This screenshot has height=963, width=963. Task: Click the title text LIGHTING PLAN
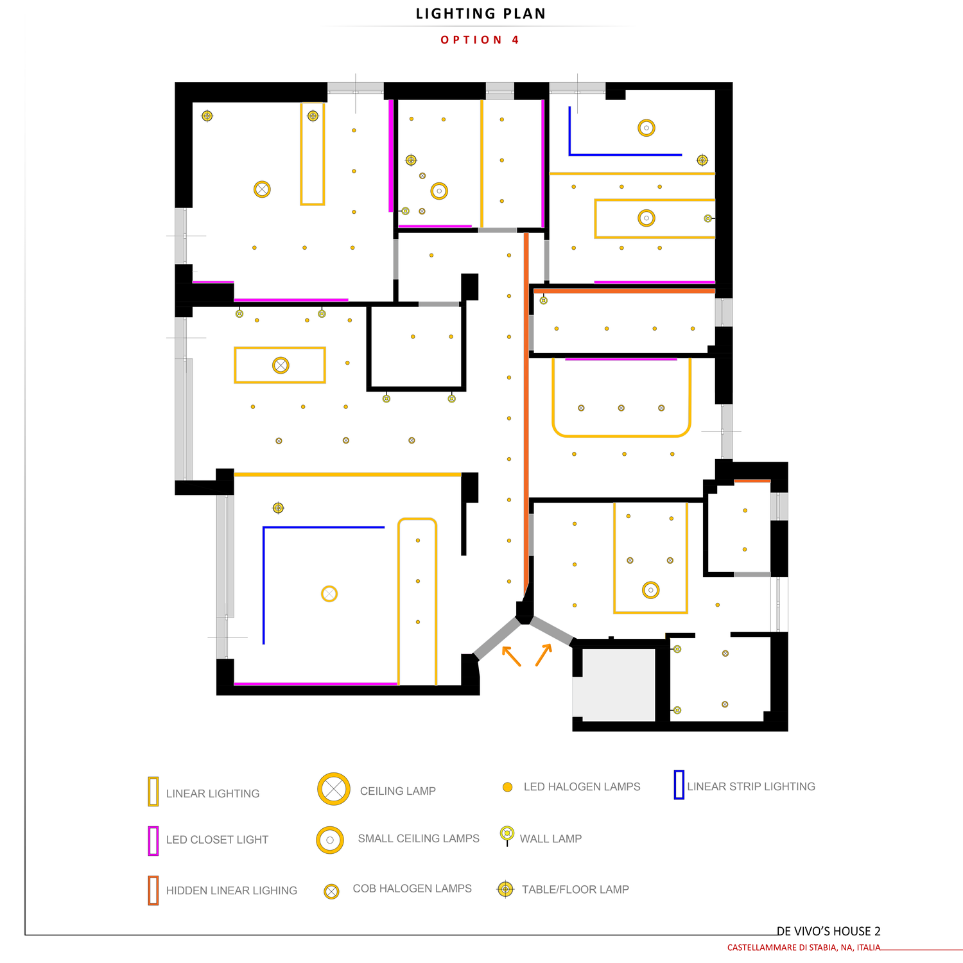point(481,14)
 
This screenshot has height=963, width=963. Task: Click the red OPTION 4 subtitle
point(480,40)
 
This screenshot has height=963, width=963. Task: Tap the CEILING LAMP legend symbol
point(334,789)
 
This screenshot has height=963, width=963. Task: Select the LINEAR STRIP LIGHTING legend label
point(751,786)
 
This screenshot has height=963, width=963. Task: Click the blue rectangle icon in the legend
point(679,785)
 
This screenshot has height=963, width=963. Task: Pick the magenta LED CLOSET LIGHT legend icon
point(153,841)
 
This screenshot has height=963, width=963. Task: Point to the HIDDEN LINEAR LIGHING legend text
point(232,890)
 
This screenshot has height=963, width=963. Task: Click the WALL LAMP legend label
point(551,838)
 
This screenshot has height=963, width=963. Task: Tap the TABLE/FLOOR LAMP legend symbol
point(506,889)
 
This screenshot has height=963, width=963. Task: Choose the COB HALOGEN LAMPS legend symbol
point(331,891)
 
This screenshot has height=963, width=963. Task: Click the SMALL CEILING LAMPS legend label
point(419,838)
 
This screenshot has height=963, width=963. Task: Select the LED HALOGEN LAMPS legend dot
point(507,787)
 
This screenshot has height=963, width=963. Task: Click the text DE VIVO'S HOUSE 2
point(828,931)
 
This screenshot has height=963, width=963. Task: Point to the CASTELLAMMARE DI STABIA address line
point(804,948)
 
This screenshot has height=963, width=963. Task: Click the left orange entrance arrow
point(511,655)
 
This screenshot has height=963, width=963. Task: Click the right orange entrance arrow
point(544,655)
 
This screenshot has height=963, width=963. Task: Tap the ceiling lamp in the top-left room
point(262,189)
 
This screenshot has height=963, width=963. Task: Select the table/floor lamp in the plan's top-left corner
point(207,116)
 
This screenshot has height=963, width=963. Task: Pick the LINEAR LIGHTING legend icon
point(153,791)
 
